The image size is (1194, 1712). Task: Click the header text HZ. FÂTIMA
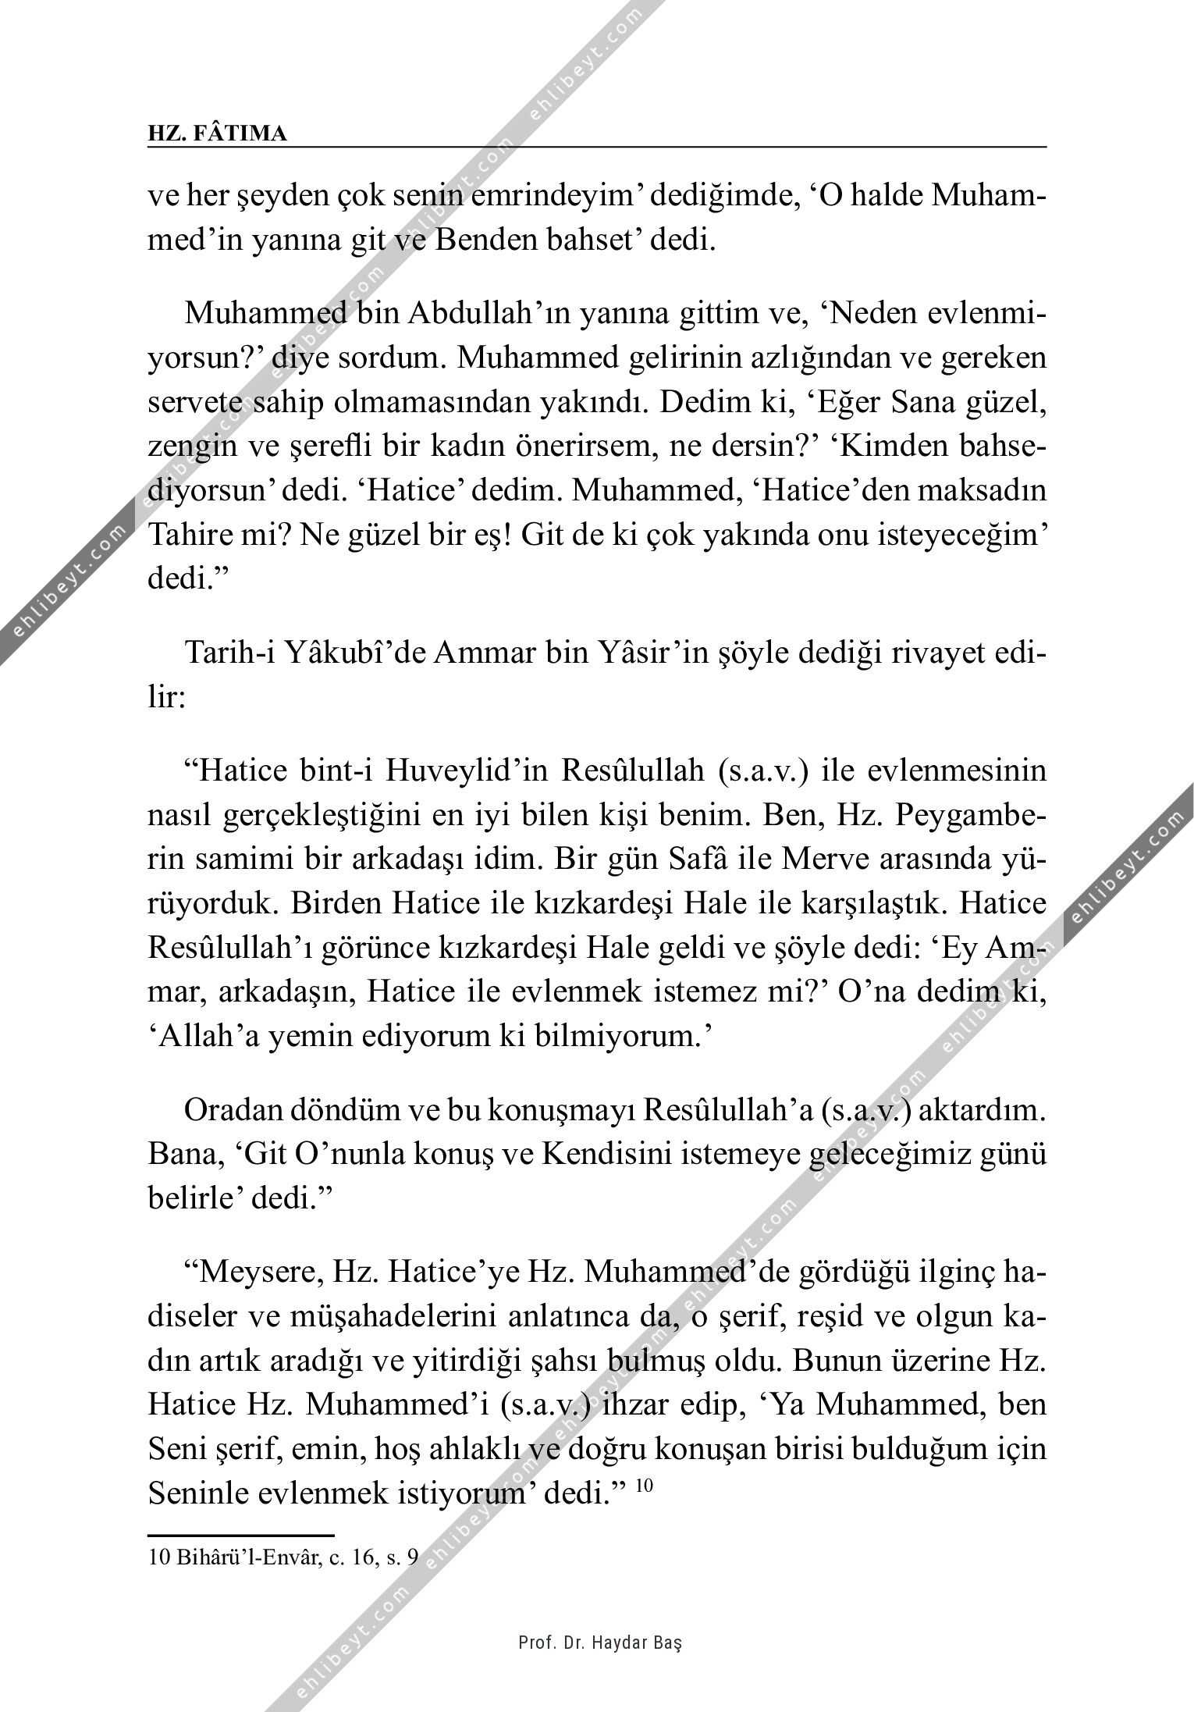click(217, 134)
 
